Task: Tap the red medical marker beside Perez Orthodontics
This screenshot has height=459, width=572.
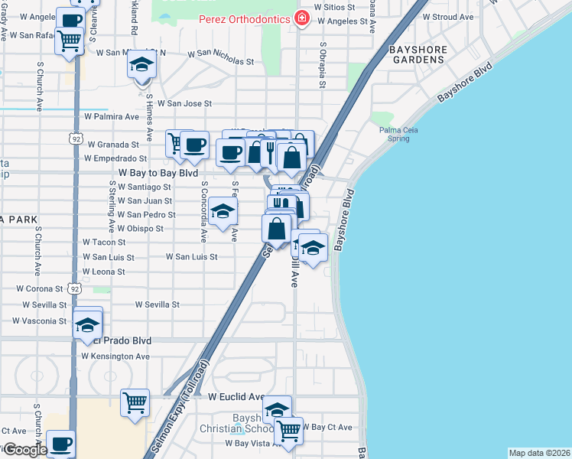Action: pos(302,18)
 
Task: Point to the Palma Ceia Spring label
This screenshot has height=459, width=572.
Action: pos(401,135)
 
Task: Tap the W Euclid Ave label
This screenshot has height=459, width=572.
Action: pos(236,397)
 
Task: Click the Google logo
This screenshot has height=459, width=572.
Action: pos(24,449)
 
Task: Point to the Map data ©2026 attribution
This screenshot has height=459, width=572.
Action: pos(538,453)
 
